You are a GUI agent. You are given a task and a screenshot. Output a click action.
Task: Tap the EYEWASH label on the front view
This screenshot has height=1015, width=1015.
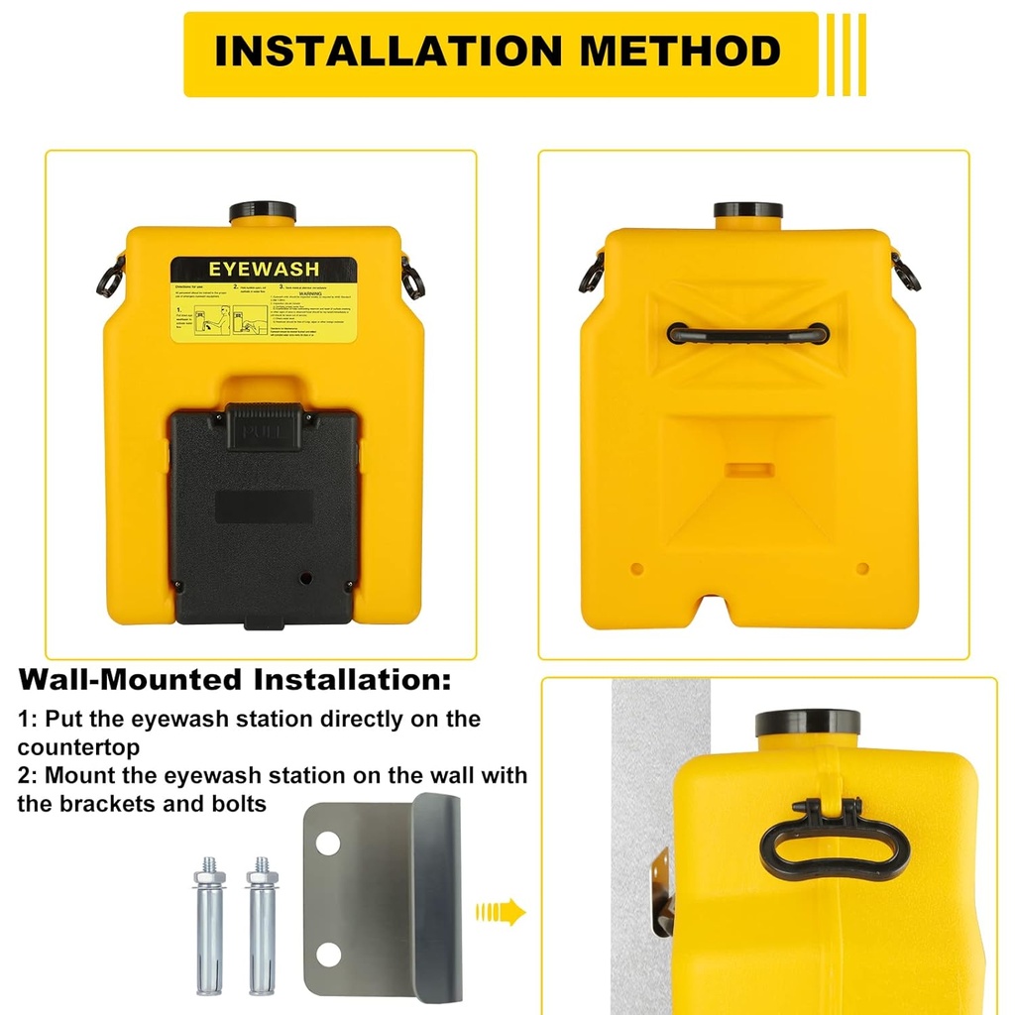[263, 270]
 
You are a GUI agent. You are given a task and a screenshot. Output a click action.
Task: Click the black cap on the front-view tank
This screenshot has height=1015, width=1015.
[263, 212]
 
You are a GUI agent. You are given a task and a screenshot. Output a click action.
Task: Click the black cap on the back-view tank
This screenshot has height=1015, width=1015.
[748, 212]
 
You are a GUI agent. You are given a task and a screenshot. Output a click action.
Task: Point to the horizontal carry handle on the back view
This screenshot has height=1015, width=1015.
[748, 333]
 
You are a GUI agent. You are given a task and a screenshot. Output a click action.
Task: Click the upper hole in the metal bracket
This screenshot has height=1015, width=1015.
[328, 844]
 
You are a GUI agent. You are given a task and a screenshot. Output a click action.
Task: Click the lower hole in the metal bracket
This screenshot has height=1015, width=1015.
[328, 955]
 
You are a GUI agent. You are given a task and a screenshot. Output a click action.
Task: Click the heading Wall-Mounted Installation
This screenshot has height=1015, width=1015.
[235, 681]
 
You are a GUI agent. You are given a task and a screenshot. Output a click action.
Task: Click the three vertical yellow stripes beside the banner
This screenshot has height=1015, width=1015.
[847, 55]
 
